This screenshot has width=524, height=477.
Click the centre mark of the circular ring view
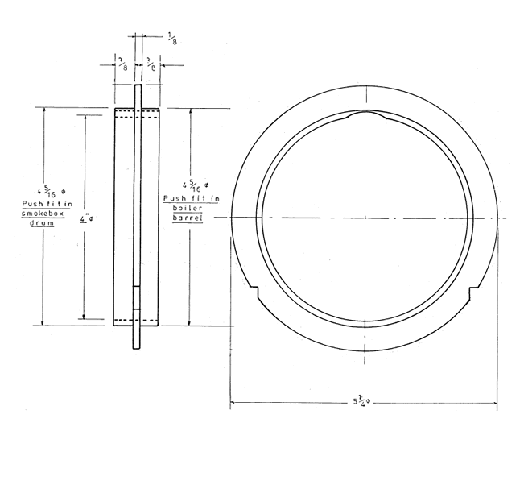[x=365, y=218]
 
